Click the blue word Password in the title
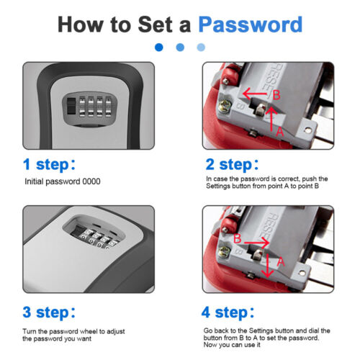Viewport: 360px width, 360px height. tap(251, 24)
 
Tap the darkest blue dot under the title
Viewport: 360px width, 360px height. tap(159, 48)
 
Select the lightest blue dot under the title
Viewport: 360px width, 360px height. tap(201, 48)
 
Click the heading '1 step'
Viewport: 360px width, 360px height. tap(49, 165)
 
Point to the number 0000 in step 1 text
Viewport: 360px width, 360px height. tap(91, 181)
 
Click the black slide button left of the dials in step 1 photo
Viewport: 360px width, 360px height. tap(71, 106)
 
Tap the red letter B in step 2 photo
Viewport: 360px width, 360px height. tap(276, 95)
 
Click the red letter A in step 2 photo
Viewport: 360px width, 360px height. tap(280, 132)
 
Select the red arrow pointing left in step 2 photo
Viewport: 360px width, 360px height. tap(255, 94)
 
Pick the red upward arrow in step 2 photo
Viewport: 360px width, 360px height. tap(271, 119)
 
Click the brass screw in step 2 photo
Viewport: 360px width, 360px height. tap(225, 106)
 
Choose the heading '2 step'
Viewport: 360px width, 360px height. tap(232, 165)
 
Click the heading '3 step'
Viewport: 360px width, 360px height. tap(49, 312)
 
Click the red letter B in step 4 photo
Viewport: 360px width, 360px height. tap(238, 238)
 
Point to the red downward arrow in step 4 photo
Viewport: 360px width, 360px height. tap(267, 265)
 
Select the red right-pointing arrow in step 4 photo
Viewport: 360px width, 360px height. tap(256, 243)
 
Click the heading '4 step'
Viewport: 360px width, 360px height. tap(228, 312)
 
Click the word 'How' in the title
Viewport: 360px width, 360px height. tap(81, 24)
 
